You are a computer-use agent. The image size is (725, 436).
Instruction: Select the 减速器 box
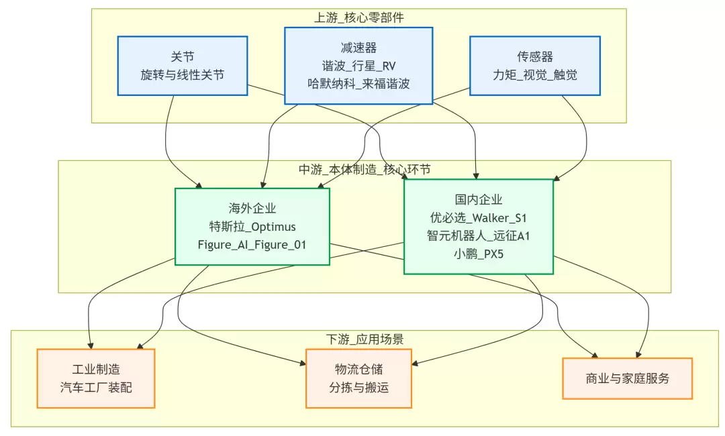(x=358, y=65)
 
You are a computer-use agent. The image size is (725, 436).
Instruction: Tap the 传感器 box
(x=534, y=65)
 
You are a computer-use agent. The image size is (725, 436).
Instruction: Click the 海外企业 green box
(x=252, y=226)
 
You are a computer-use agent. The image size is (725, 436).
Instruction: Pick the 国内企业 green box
(x=478, y=226)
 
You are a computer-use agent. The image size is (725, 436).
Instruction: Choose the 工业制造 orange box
(x=96, y=378)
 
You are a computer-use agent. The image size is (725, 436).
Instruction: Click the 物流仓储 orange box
(x=358, y=378)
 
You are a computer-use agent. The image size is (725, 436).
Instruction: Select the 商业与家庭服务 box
(x=627, y=378)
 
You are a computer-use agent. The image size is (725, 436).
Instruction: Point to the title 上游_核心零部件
(x=358, y=17)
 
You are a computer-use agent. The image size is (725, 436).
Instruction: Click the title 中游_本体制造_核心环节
(x=365, y=169)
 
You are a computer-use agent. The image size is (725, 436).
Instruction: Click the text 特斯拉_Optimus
(x=252, y=227)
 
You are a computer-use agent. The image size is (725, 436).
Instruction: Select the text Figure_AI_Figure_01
(x=252, y=245)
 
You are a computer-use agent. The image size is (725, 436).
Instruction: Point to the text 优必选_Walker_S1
(x=478, y=217)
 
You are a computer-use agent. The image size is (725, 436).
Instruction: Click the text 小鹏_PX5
(x=478, y=254)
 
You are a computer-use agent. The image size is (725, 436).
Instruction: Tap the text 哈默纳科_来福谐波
(x=358, y=84)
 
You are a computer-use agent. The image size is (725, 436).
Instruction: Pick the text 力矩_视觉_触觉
(x=534, y=74)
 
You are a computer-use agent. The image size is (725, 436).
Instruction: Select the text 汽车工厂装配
(x=96, y=388)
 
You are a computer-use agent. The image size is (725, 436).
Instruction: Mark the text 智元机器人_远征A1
(x=478, y=235)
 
